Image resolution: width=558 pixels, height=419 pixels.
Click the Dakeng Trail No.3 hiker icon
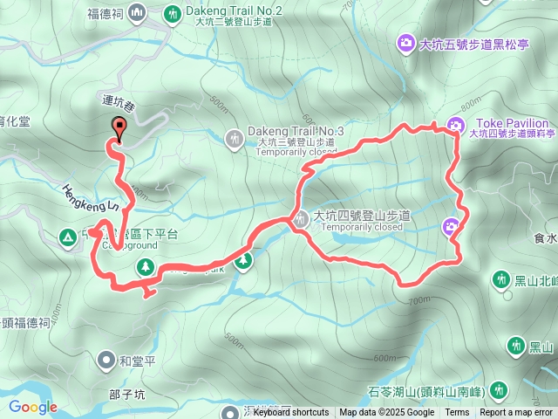(x=235, y=137)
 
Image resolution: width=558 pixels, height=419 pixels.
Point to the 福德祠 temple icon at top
(x=138, y=12)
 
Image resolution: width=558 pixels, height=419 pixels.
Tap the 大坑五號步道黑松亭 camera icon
(x=406, y=42)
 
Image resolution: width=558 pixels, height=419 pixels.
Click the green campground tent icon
(x=67, y=236)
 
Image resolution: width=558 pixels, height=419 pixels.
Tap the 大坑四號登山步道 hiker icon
(x=300, y=221)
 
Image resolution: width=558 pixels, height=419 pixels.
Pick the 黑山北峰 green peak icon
(x=500, y=279)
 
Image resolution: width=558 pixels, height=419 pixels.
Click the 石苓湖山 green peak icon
(x=499, y=389)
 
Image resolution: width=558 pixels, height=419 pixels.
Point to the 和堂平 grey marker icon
(x=106, y=359)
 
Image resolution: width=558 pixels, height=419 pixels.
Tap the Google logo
(x=32, y=407)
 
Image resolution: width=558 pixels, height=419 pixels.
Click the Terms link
(x=457, y=413)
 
